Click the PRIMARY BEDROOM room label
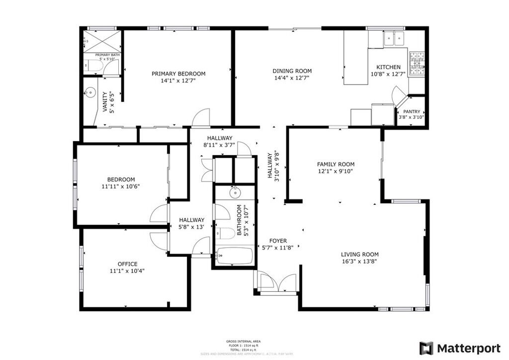tap(178, 74)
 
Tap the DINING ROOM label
tap(292, 71)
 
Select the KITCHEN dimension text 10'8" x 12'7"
tap(388, 74)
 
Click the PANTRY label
tap(412, 111)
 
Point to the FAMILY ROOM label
tap(336, 164)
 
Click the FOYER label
tap(278, 241)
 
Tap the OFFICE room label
tap(128, 264)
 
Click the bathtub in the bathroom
tap(235, 256)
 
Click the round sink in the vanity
tap(90, 91)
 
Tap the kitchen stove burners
tap(416, 61)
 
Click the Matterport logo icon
tap(426, 348)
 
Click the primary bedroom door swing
tap(201, 117)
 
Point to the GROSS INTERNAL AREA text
tap(244, 341)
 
